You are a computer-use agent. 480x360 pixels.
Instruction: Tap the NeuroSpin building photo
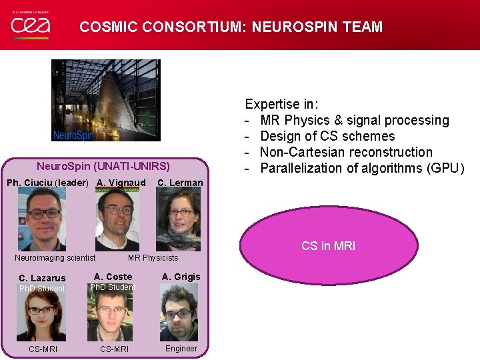click(106, 100)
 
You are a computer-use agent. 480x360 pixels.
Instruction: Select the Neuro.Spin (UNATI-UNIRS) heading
click(103, 166)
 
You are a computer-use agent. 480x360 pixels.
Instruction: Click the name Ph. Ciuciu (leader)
click(47, 183)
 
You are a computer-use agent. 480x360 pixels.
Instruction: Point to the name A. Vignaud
click(121, 183)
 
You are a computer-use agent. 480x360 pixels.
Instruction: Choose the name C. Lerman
click(179, 183)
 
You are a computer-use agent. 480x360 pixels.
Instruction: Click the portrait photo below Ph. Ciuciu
click(42, 219)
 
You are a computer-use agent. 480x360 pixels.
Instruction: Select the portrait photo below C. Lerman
click(178, 219)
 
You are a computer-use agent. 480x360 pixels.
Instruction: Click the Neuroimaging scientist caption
click(55, 258)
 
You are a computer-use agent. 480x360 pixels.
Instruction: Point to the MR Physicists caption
click(153, 258)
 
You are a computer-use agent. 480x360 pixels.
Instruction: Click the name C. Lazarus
click(42, 278)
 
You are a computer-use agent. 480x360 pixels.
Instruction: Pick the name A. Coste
click(113, 277)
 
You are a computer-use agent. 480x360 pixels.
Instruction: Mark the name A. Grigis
click(181, 277)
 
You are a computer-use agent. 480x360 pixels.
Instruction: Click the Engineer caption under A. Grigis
click(181, 349)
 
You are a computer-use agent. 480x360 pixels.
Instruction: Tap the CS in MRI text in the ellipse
click(328, 246)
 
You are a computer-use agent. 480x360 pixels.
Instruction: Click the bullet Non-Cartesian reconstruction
click(346, 152)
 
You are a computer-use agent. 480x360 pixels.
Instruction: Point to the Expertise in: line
click(281, 104)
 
